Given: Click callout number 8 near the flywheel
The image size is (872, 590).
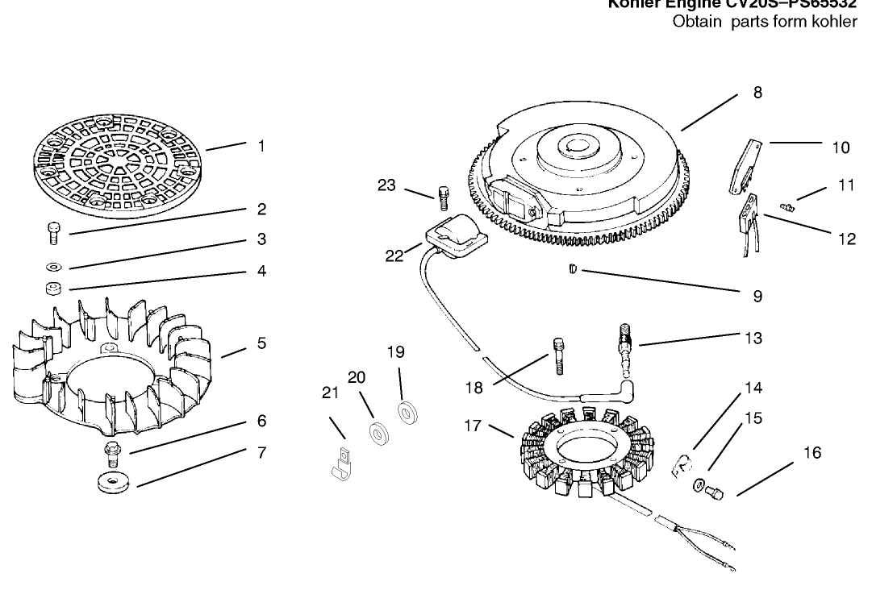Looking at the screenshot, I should [x=757, y=92].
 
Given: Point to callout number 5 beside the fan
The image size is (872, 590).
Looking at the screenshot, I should [x=261, y=343].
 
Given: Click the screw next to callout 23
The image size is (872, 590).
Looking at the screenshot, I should [x=442, y=197].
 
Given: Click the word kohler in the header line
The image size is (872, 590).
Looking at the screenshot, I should [x=835, y=22].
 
